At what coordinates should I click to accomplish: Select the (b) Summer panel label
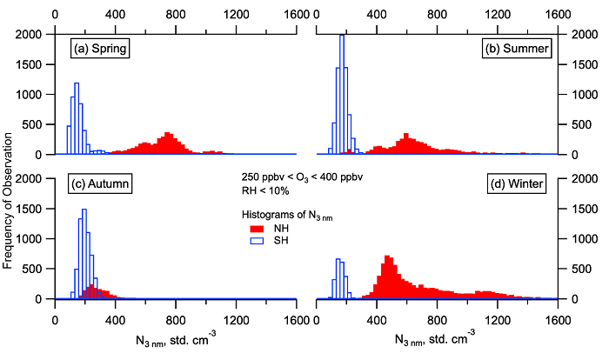517,49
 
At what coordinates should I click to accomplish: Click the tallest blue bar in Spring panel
77,118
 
